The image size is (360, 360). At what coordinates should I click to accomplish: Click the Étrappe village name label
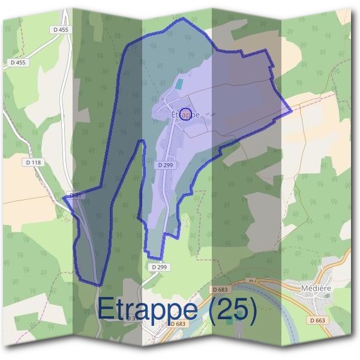[185, 115]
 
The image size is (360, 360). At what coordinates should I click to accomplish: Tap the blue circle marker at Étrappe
[186, 114]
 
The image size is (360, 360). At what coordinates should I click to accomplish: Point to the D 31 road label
[76, 196]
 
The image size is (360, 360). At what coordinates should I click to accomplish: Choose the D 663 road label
[319, 320]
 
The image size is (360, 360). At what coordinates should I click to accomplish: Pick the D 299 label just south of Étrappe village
[166, 164]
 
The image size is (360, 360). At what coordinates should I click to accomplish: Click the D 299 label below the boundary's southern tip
[159, 266]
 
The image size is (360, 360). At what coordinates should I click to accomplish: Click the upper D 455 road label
[61, 29]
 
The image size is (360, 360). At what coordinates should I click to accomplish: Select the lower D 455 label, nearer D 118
[19, 62]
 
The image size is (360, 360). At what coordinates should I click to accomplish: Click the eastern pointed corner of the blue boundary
[291, 110]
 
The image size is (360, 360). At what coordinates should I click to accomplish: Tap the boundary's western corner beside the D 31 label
[64, 199]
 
